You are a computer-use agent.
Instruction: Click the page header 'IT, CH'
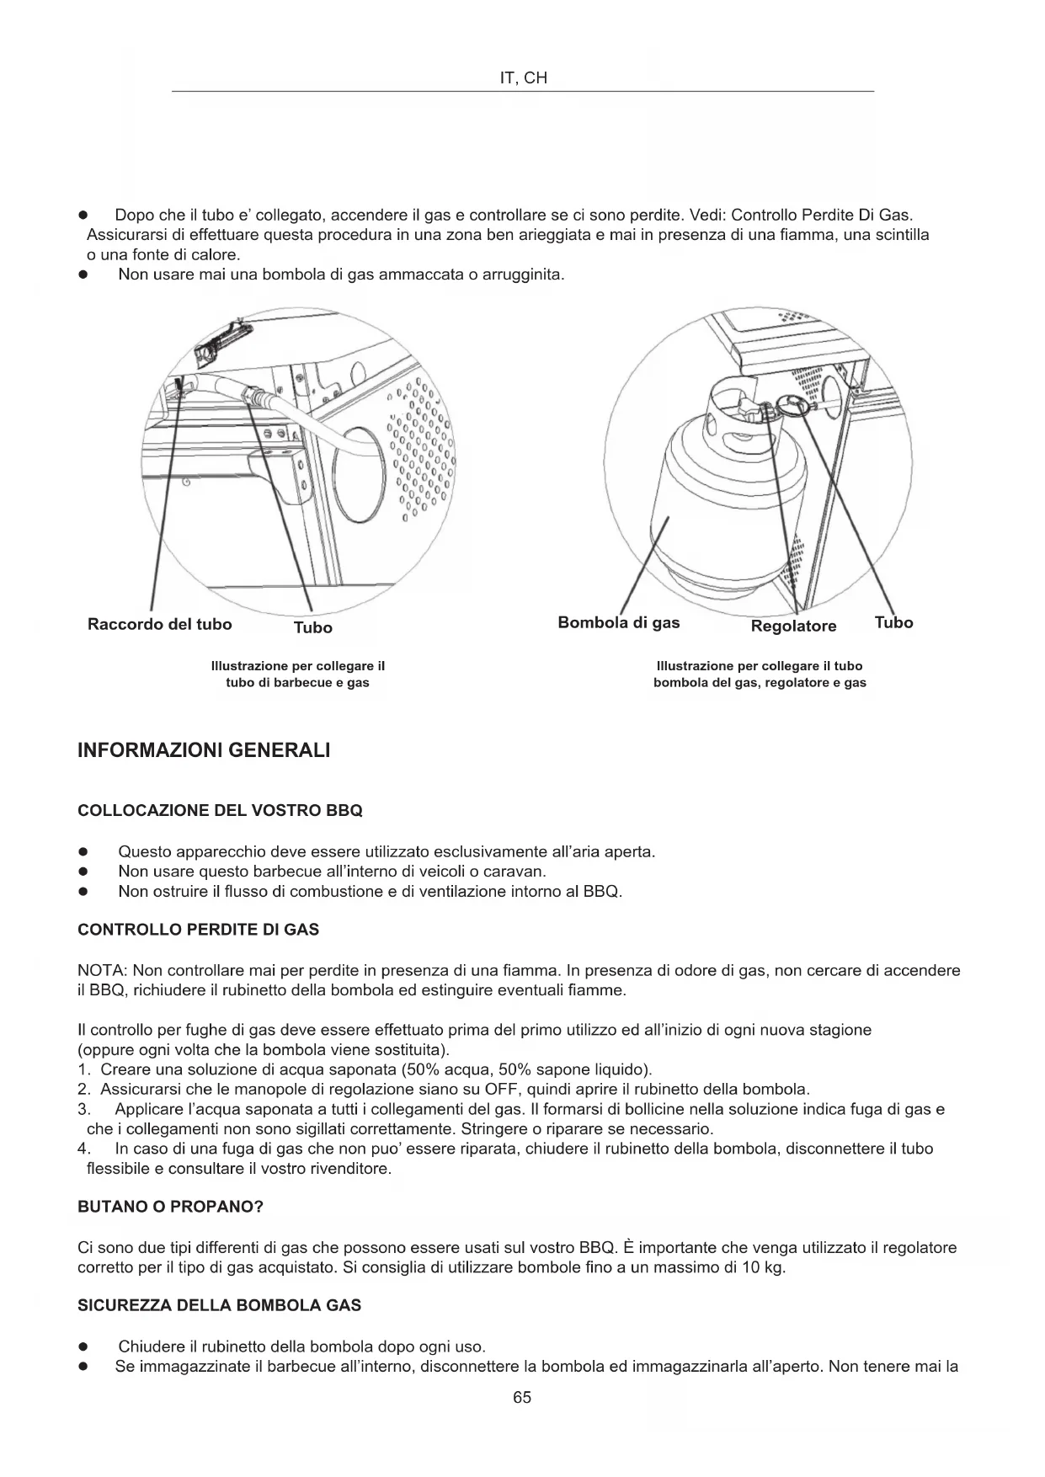click(x=523, y=78)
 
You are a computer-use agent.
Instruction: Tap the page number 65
click(x=522, y=1397)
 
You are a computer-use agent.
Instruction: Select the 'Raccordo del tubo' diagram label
click(x=160, y=624)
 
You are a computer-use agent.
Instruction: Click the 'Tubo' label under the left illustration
click(x=312, y=627)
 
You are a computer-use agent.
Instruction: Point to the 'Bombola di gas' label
click(x=618, y=622)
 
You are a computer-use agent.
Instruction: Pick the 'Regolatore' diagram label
click(x=793, y=626)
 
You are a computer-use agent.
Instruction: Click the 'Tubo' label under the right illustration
click(x=893, y=622)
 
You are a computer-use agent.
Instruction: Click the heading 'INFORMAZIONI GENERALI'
click(x=204, y=750)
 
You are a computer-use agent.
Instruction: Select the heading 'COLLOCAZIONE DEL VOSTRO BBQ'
click(x=220, y=811)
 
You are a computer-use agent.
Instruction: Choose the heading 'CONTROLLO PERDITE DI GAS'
click(x=198, y=930)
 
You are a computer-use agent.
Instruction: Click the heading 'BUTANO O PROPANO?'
click(x=170, y=1207)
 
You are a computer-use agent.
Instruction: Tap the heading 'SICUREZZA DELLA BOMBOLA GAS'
click(x=219, y=1305)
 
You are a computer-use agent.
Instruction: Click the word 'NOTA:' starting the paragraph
click(x=102, y=970)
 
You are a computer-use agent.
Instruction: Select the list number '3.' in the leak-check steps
click(x=83, y=1109)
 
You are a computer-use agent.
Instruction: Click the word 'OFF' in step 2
click(x=500, y=1089)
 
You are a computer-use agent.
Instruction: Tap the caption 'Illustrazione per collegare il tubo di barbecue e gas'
click(x=297, y=674)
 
